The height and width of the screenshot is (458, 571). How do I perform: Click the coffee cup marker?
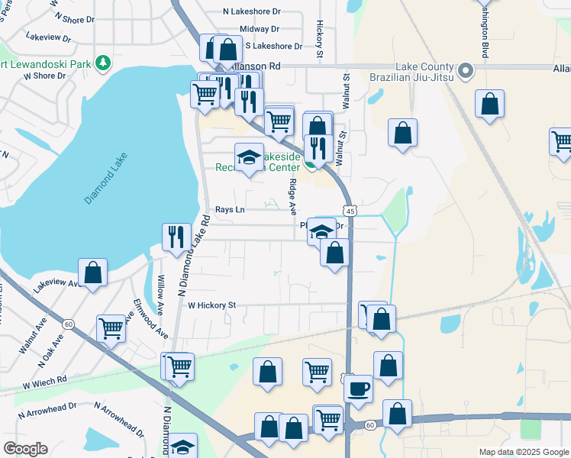pos(358,389)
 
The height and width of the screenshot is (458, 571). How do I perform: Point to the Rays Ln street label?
pos(230,209)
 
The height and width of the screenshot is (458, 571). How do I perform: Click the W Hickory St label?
pos(212,305)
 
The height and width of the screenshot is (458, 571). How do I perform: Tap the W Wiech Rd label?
pos(45,379)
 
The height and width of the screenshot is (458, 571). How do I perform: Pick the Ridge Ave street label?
pos(292,194)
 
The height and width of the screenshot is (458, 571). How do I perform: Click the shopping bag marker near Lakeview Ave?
pos(92,273)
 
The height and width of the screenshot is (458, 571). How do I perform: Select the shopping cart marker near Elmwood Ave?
pos(111,329)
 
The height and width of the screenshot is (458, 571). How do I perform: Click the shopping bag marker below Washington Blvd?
pos(489,105)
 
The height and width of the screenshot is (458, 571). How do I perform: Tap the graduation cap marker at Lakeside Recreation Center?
pos(249,158)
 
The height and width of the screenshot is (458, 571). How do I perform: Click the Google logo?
pos(25,449)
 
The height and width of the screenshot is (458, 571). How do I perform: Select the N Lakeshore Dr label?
pos(252,11)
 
